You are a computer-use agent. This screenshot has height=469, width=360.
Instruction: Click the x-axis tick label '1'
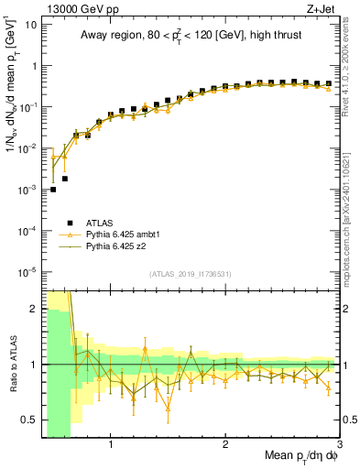tap(111, 446)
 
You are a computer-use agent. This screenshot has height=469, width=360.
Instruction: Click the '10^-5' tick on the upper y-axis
tap(27, 271)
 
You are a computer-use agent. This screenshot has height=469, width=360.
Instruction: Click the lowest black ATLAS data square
tap(53, 190)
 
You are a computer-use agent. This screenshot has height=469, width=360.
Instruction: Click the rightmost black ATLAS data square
tap(328, 83)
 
